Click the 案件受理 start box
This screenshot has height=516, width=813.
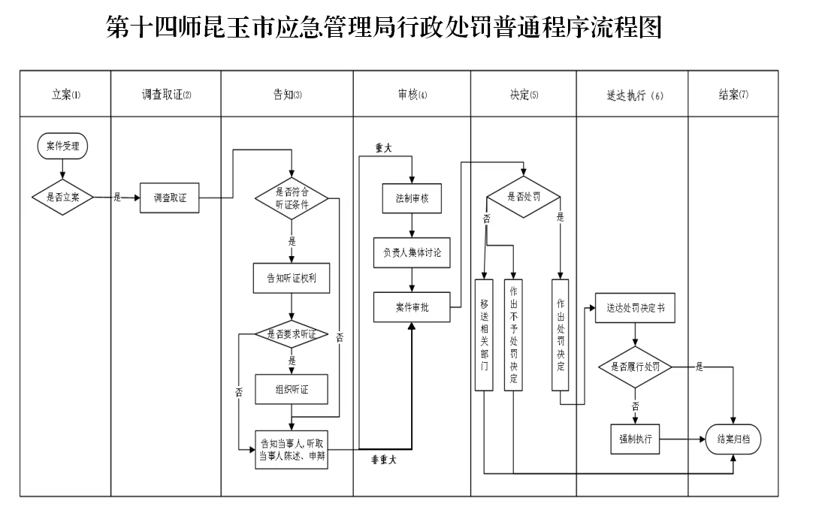coord(62,146)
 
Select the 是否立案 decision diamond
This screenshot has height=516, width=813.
coord(62,198)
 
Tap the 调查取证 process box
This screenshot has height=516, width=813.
coord(170,198)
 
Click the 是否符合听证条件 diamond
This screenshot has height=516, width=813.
coord(292,198)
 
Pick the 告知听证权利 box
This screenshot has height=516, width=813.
coord(292,278)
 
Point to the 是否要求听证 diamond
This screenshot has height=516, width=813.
coord(292,335)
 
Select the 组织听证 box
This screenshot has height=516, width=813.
coord(292,389)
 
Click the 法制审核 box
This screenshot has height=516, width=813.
coord(413,198)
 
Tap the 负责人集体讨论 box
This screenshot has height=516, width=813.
coord(413,253)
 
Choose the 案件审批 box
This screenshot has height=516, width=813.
coord(413,307)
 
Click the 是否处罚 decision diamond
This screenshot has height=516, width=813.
coord(524,197)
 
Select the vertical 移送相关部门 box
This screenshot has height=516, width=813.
coord(485,335)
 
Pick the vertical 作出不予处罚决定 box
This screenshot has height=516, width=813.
coord(513,335)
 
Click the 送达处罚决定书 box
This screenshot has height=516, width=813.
coord(635,308)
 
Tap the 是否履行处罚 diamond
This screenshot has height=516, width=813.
coord(635,367)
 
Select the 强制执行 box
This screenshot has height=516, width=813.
coord(635,439)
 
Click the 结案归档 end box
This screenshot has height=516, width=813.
coord(733,439)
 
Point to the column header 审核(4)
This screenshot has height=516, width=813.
coord(413,95)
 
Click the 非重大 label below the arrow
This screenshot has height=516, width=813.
coord(384,460)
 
